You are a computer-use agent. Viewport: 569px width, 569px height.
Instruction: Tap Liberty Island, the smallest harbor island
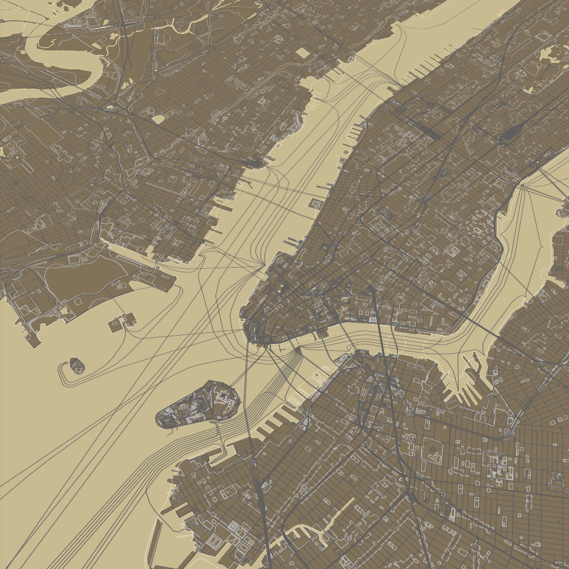pyautogui.click(x=76, y=366)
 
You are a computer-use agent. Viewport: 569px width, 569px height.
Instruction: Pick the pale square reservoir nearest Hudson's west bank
pyautogui.click(x=302, y=53)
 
